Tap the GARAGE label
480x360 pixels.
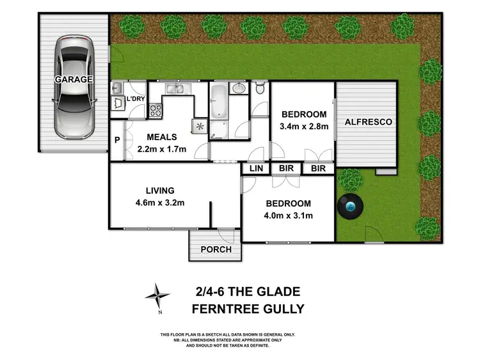pyautogui.click(x=73, y=79)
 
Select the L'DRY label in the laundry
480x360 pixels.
pyautogui.click(x=135, y=99)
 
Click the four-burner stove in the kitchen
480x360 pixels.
pyautogui.click(x=156, y=111)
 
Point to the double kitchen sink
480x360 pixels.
pyautogui.click(x=175, y=90)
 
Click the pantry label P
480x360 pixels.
pyautogui.click(x=117, y=141)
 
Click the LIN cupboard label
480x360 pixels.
pyautogui.click(x=256, y=168)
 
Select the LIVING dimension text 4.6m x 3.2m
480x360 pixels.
pyautogui.click(x=160, y=203)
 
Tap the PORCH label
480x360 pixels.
pyautogui.click(x=216, y=249)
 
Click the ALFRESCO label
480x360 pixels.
pyautogui.click(x=367, y=121)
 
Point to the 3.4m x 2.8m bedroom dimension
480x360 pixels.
pyautogui.click(x=303, y=127)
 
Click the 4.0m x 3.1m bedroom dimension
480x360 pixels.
pyautogui.click(x=289, y=215)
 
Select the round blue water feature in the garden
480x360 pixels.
pyautogui.click(x=350, y=207)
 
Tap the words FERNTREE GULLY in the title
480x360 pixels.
pyautogui.click(x=248, y=309)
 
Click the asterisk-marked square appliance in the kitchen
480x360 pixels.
pyautogui.click(x=199, y=126)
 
